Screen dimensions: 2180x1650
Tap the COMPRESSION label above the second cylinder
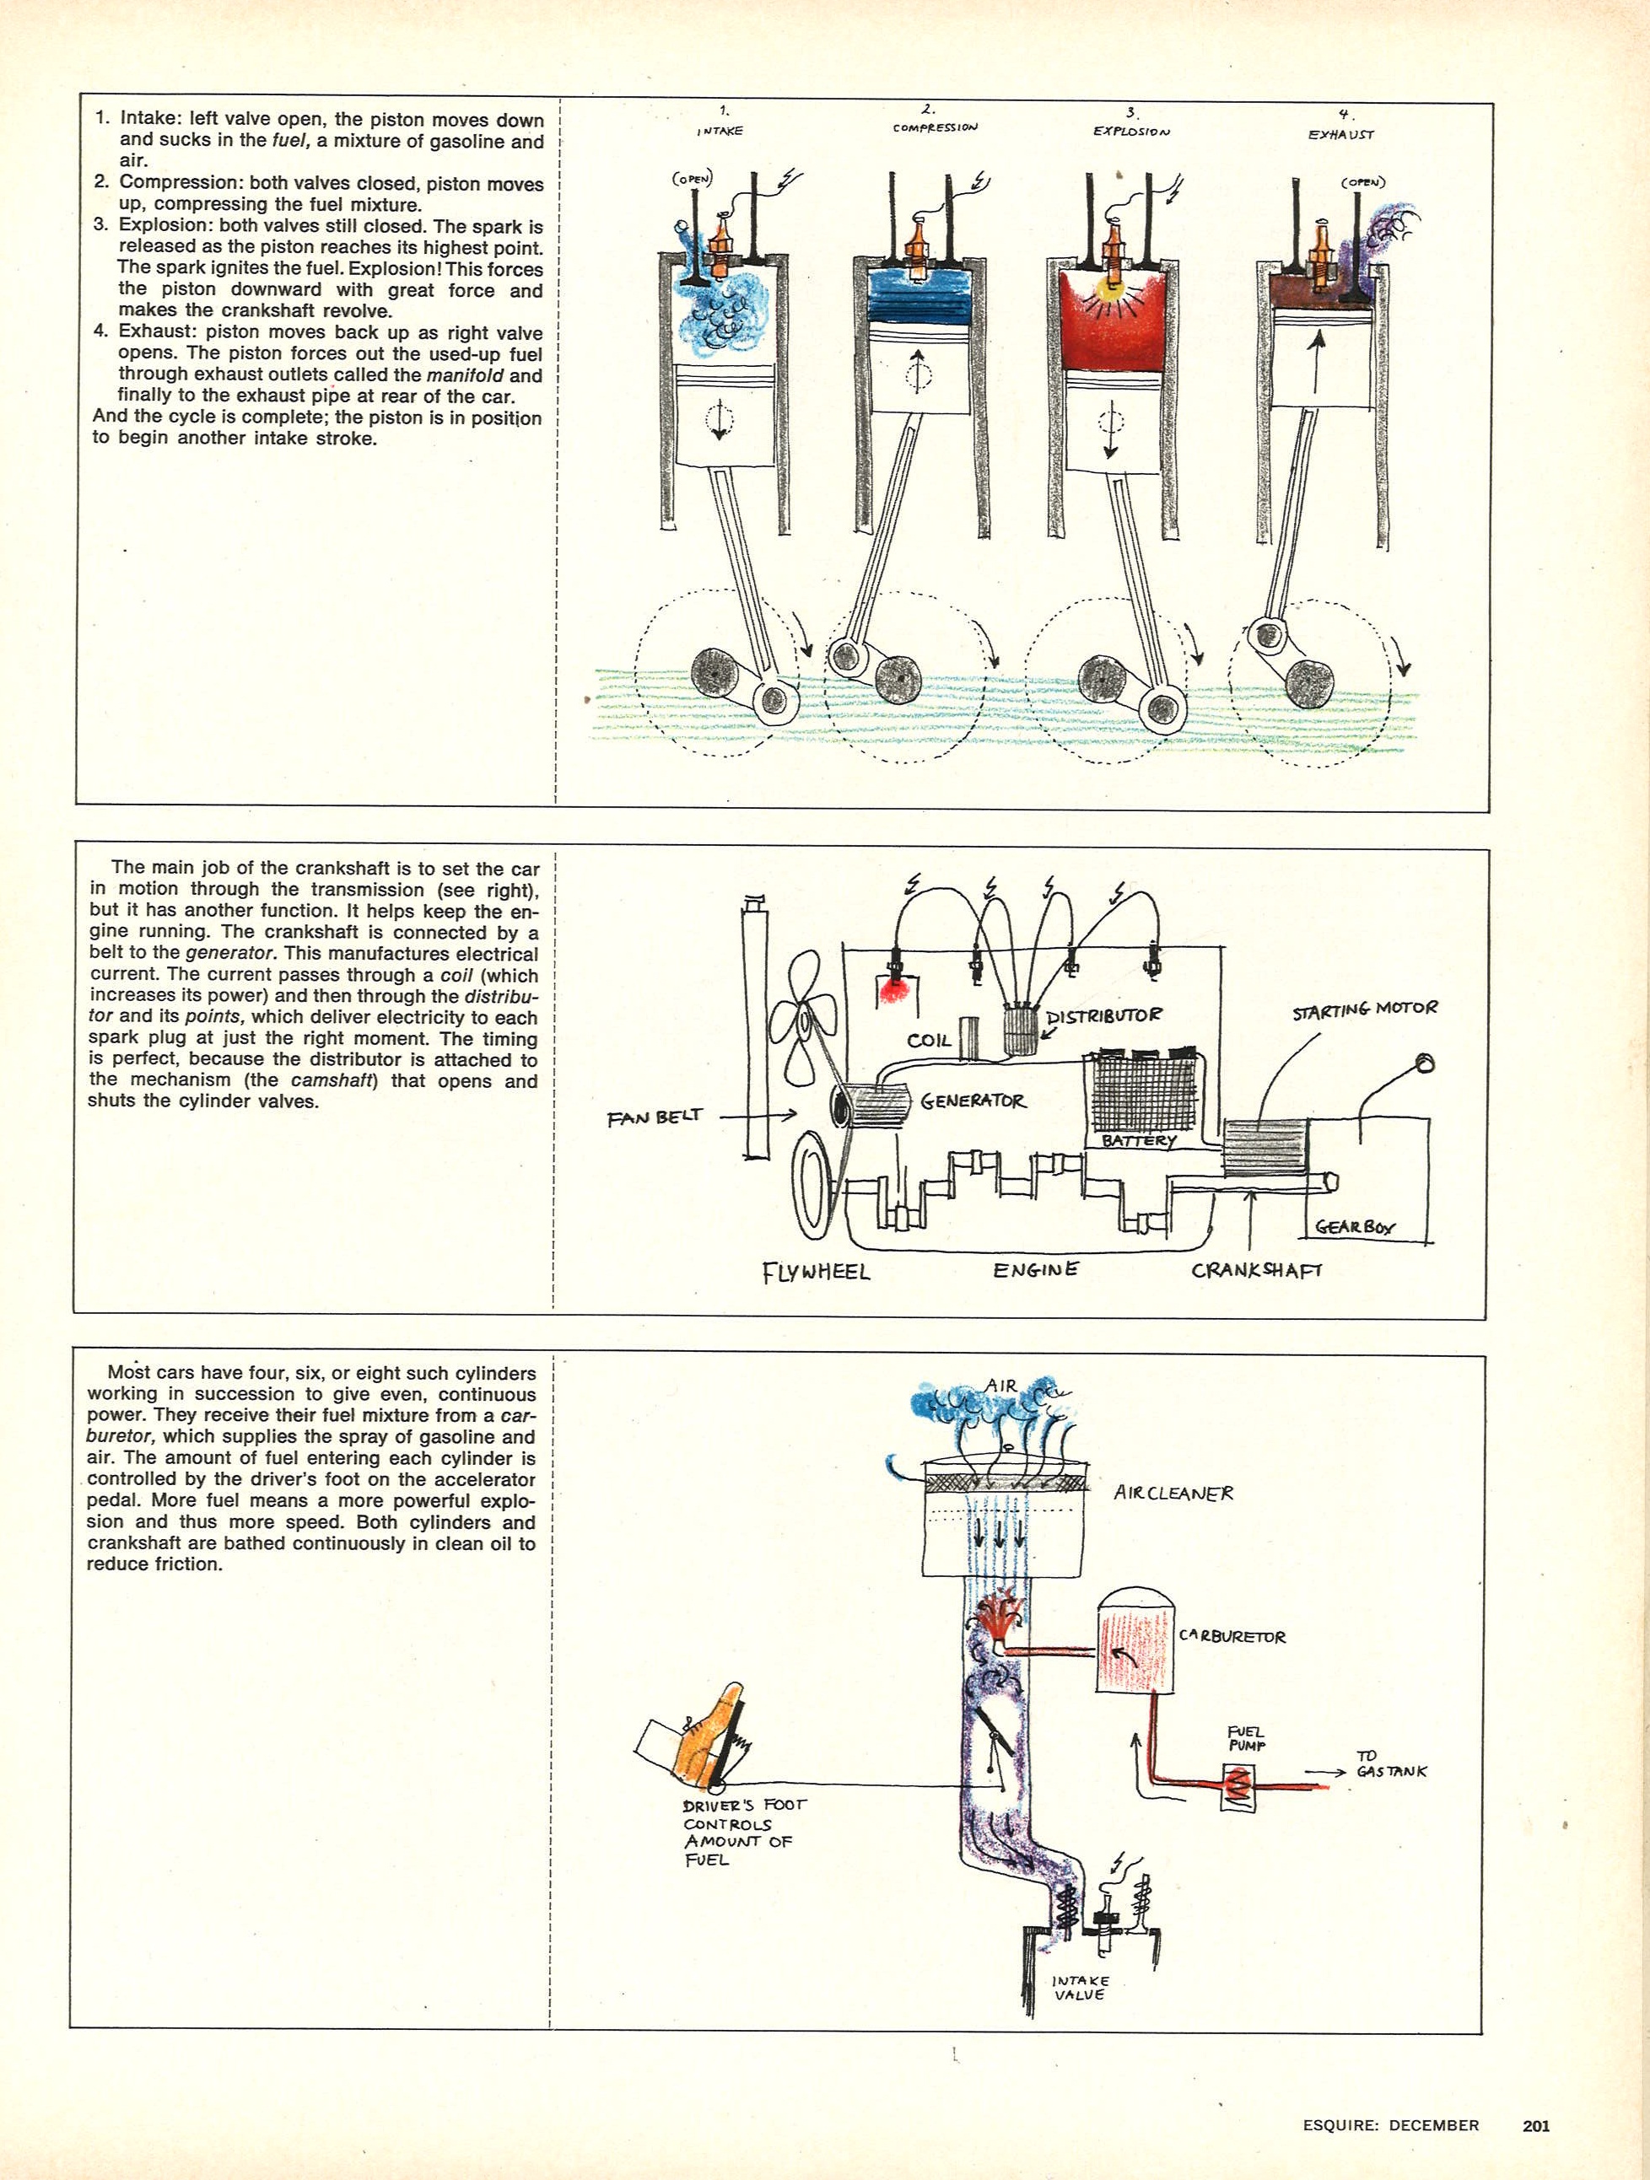tap(936, 127)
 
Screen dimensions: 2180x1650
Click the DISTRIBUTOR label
tap(1104, 1015)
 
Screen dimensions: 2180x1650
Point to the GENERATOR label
tap(973, 1101)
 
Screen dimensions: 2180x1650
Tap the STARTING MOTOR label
tap(1364, 1009)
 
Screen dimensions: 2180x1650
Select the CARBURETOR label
tap(1232, 1637)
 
